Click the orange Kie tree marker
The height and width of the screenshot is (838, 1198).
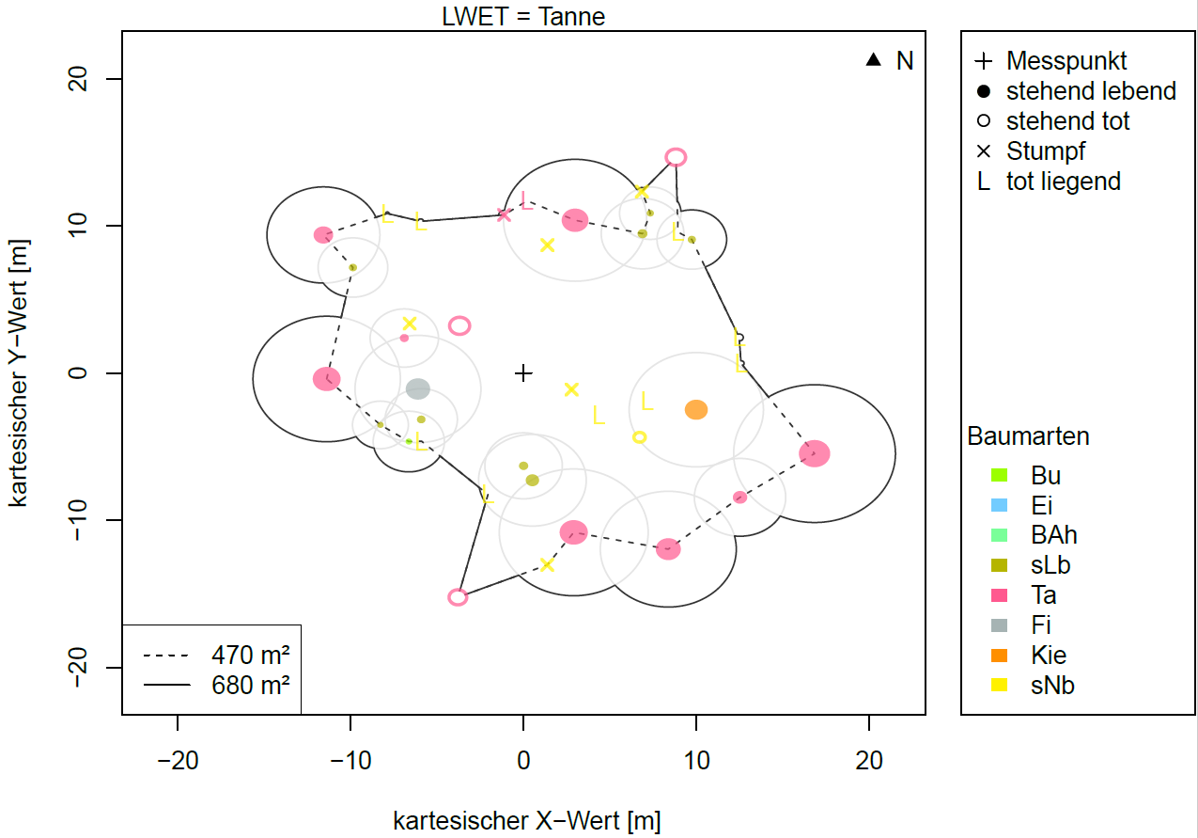695,410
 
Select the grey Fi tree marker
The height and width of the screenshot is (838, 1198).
418,388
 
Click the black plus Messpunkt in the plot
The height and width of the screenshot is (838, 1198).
523,373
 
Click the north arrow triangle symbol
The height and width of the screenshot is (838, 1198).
874,60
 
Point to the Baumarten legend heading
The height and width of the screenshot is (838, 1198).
1028,437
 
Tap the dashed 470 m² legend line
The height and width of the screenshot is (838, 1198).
166,656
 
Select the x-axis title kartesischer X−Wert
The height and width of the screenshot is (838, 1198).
526,820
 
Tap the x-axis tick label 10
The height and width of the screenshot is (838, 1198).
696,761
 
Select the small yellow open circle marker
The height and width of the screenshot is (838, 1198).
640,437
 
